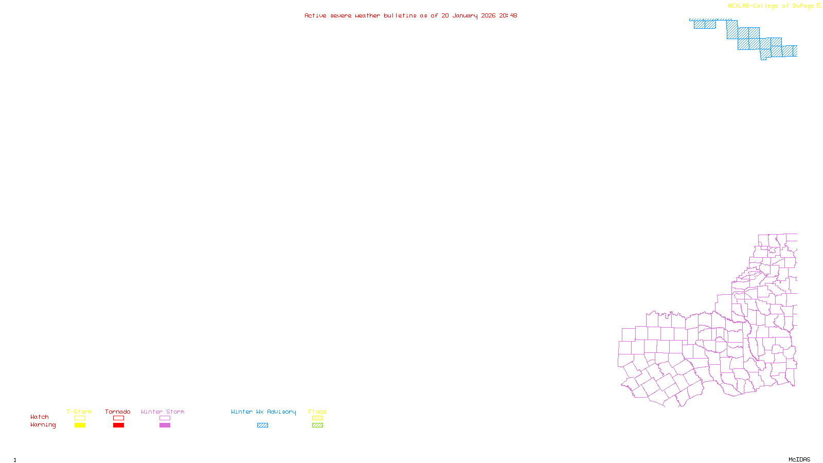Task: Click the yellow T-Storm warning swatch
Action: [x=80, y=425]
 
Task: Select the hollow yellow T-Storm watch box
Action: [x=80, y=418]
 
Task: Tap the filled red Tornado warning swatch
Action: [x=118, y=425]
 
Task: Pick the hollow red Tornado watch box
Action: [x=118, y=418]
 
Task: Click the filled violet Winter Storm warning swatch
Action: [x=165, y=425]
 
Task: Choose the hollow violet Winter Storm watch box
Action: [x=165, y=418]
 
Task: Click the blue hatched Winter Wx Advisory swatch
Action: [x=262, y=425]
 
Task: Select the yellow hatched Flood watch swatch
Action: [x=317, y=418]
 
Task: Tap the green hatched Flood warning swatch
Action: [x=317, y=425]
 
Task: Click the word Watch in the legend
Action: [x=40, y=417]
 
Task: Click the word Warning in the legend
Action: [x=43, y=425]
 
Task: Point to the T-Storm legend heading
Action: [x=79, y=412]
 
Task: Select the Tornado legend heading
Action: [x=118, y=412]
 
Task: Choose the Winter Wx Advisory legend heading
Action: [x=263, y=412]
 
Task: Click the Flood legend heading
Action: [x=317, y=412]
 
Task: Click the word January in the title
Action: [x=465, y=16]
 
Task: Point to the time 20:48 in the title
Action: [x=508, y=15]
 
